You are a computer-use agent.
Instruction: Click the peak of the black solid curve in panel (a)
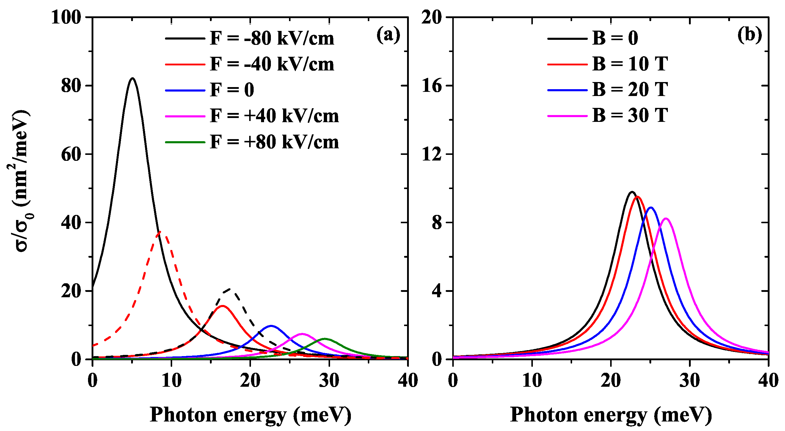(132, 78)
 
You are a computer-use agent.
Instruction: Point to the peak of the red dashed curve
(160, 232)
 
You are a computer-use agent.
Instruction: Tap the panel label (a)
(388, 36)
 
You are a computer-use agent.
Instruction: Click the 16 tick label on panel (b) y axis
(432, 86)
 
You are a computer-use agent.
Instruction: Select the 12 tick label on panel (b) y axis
(432, 154)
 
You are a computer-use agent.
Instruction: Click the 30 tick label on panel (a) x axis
(329, 381)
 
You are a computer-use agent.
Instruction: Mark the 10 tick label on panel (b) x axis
(532, 381)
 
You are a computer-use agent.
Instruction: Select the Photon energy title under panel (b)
(611, 415)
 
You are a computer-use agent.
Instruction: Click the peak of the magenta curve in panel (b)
(666, 218)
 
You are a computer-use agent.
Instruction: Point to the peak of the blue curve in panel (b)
(651, 207)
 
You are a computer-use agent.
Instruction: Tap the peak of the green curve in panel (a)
(325, 339)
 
